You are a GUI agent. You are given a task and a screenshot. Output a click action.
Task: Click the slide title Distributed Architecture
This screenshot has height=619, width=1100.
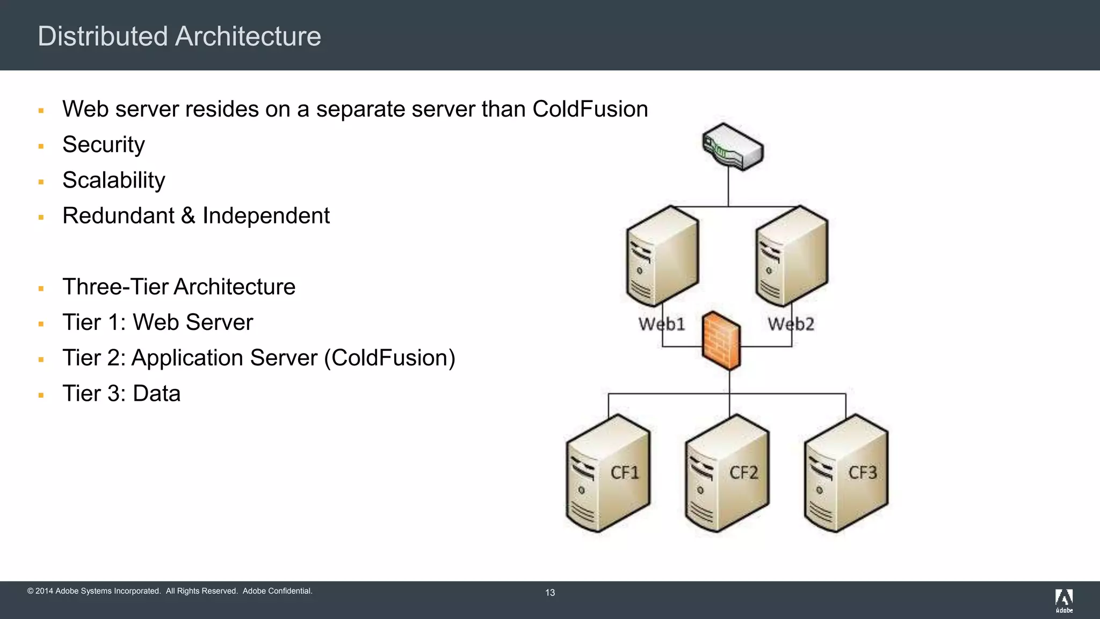tap(179, 37)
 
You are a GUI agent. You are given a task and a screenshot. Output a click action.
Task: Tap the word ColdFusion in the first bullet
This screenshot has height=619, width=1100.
tap(590, 109)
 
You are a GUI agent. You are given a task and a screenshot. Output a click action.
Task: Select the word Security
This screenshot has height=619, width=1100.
tap(104, 145)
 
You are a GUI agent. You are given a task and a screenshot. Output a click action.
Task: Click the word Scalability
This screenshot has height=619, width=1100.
tap(114, 180)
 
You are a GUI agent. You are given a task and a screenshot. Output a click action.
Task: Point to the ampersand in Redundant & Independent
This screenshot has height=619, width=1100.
tap(188, 216)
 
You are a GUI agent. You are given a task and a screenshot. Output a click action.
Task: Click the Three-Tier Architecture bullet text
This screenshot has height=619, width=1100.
tap(179, 287)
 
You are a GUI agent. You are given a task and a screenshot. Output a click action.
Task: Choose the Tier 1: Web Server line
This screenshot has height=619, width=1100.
tap(157, 322)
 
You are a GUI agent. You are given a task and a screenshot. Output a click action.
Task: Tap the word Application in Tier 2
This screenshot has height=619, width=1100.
tap(224, 358)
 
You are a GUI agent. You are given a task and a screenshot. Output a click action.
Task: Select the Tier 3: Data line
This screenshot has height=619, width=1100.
tap(121, 393)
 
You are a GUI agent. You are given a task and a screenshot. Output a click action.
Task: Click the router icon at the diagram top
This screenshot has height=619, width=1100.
tap(733, 147)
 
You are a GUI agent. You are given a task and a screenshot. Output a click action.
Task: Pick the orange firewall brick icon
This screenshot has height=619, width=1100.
tap(721, 341)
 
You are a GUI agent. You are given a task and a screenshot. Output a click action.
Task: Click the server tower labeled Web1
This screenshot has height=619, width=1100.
tap(662, 257)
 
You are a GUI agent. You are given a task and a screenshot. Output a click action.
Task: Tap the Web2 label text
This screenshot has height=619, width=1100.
tap(791, 324)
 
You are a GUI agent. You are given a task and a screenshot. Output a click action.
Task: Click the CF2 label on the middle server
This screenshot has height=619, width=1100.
tap(743, 473)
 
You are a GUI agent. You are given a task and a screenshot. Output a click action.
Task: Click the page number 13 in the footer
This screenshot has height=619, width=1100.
tap(550, 593)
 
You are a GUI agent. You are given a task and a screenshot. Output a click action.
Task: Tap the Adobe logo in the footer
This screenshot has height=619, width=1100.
tap(1064, 600)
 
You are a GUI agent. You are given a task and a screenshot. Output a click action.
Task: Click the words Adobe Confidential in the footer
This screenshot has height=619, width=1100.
tap(277, 591)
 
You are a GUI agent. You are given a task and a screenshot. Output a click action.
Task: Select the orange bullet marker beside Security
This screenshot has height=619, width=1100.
tap(41, 146)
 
